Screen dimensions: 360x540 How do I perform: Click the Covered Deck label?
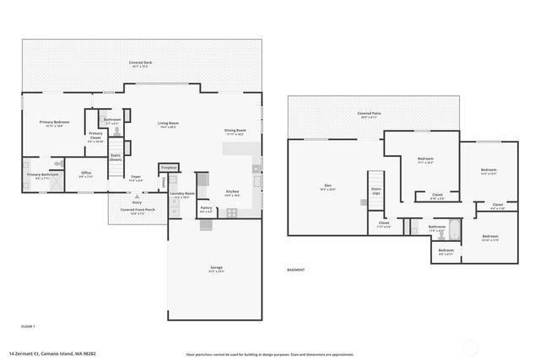(140, 62)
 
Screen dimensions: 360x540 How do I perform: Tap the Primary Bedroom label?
(54, 123)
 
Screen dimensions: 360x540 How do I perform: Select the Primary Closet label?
(95, 137)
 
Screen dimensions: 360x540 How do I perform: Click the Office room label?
(86, 174)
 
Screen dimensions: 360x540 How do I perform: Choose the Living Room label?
(169, 124)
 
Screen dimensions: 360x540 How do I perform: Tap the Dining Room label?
(235, 131)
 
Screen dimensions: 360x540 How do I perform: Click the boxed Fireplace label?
(169, 168)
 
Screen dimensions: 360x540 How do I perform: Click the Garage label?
(217, 268)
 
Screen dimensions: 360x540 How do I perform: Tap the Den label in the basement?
(327, 186)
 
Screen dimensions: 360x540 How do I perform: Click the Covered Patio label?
(370, 113)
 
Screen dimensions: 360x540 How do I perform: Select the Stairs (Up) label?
(376, 191)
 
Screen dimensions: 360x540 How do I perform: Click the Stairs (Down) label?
(116, 156)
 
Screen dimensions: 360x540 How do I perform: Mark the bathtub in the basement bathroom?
(453, 227)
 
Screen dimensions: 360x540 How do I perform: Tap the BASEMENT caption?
(295, 270)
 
